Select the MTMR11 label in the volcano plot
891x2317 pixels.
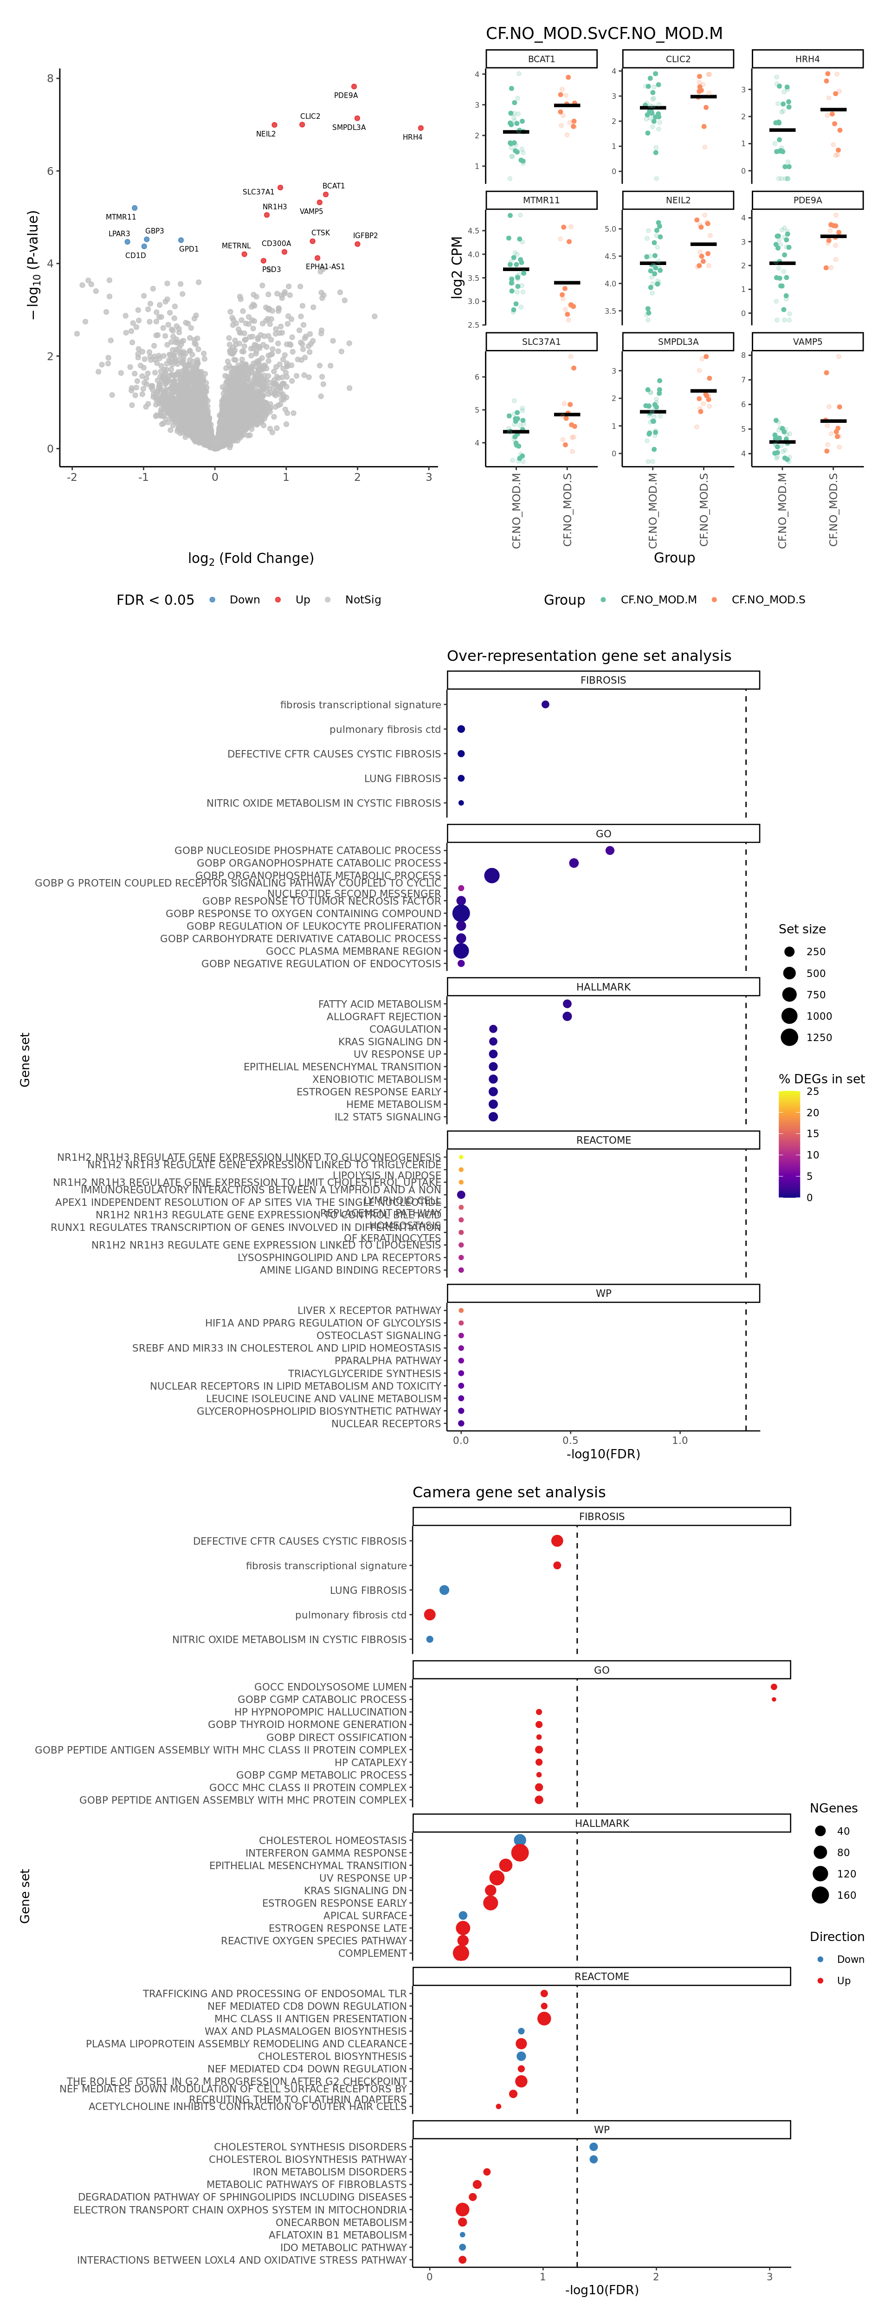pos(121,217)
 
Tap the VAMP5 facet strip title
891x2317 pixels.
pos(807,342)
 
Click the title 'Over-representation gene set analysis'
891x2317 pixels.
pos(589,656)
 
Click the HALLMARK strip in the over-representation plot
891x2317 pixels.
pos(603,987)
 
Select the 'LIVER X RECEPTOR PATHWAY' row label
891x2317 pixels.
pos(369,1311)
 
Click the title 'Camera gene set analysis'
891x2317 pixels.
pos(509,1492)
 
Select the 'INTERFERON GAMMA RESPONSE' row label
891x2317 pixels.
pos(326,1853)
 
